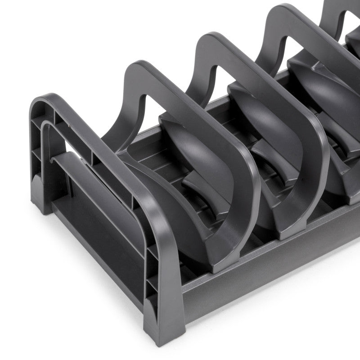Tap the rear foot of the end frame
point(40,198)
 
